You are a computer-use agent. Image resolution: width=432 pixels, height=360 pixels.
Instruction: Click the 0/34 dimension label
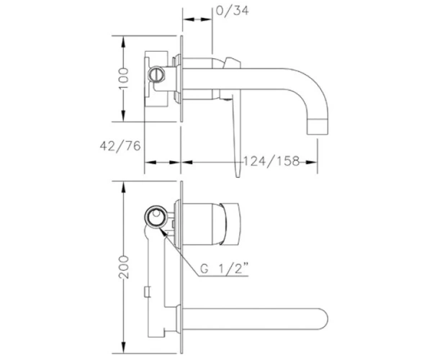233,11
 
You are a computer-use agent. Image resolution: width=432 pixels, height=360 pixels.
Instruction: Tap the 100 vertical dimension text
124,78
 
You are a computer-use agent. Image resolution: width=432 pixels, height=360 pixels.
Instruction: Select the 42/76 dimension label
120,146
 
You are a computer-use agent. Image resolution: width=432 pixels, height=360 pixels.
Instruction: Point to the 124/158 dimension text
271,161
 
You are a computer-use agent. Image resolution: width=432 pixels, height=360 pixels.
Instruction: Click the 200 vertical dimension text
124,267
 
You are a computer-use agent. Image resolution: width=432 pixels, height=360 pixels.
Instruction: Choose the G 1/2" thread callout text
224,269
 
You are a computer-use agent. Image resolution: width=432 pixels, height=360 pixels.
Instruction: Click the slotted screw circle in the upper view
156,74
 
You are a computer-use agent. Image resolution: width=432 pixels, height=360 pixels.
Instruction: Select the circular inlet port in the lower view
156,216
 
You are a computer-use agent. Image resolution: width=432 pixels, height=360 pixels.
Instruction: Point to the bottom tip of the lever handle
238,176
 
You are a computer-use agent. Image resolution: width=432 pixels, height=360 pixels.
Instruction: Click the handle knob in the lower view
230,224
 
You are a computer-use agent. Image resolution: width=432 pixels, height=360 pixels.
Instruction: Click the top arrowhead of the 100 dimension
124,41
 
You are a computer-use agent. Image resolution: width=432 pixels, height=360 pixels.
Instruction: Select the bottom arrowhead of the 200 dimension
124,348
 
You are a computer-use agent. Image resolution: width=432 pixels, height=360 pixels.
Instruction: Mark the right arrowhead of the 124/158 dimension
312,162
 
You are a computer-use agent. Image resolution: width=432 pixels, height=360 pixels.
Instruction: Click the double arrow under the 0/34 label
197,19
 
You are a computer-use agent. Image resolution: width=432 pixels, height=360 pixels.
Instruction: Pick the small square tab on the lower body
148,292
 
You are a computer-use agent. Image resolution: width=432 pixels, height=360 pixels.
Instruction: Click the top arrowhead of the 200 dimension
124,186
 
